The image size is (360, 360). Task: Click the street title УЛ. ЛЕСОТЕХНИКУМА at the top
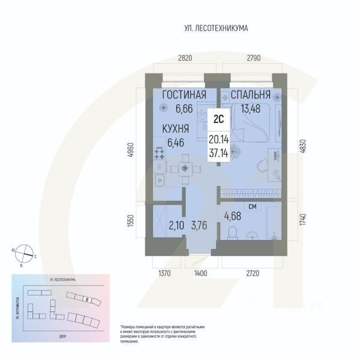tap(216, 28)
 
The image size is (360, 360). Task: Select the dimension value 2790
tap(253, 58)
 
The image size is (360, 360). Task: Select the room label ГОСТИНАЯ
tap(184, 95)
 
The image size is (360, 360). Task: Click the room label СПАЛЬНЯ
tap(250, 95)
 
